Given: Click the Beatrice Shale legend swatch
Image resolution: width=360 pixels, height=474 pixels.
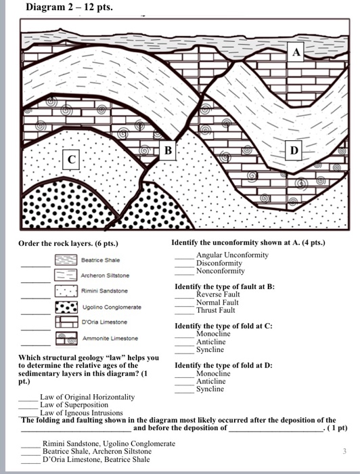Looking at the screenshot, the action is pos(65,260).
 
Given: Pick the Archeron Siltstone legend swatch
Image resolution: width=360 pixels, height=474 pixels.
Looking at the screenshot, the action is pos(65,276).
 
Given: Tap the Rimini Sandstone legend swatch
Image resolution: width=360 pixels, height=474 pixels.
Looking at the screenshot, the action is pos(65,291).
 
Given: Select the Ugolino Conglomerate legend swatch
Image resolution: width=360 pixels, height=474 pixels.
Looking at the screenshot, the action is pos(65,307).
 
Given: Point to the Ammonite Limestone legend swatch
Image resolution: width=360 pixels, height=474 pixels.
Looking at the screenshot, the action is pos(65,338).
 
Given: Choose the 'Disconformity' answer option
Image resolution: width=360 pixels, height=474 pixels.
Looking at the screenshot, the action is pos(219,263).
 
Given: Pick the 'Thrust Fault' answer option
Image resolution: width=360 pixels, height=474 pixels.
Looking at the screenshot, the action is pos(215,310).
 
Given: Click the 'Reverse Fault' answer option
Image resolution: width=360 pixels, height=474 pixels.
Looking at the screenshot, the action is pos(218,295).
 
